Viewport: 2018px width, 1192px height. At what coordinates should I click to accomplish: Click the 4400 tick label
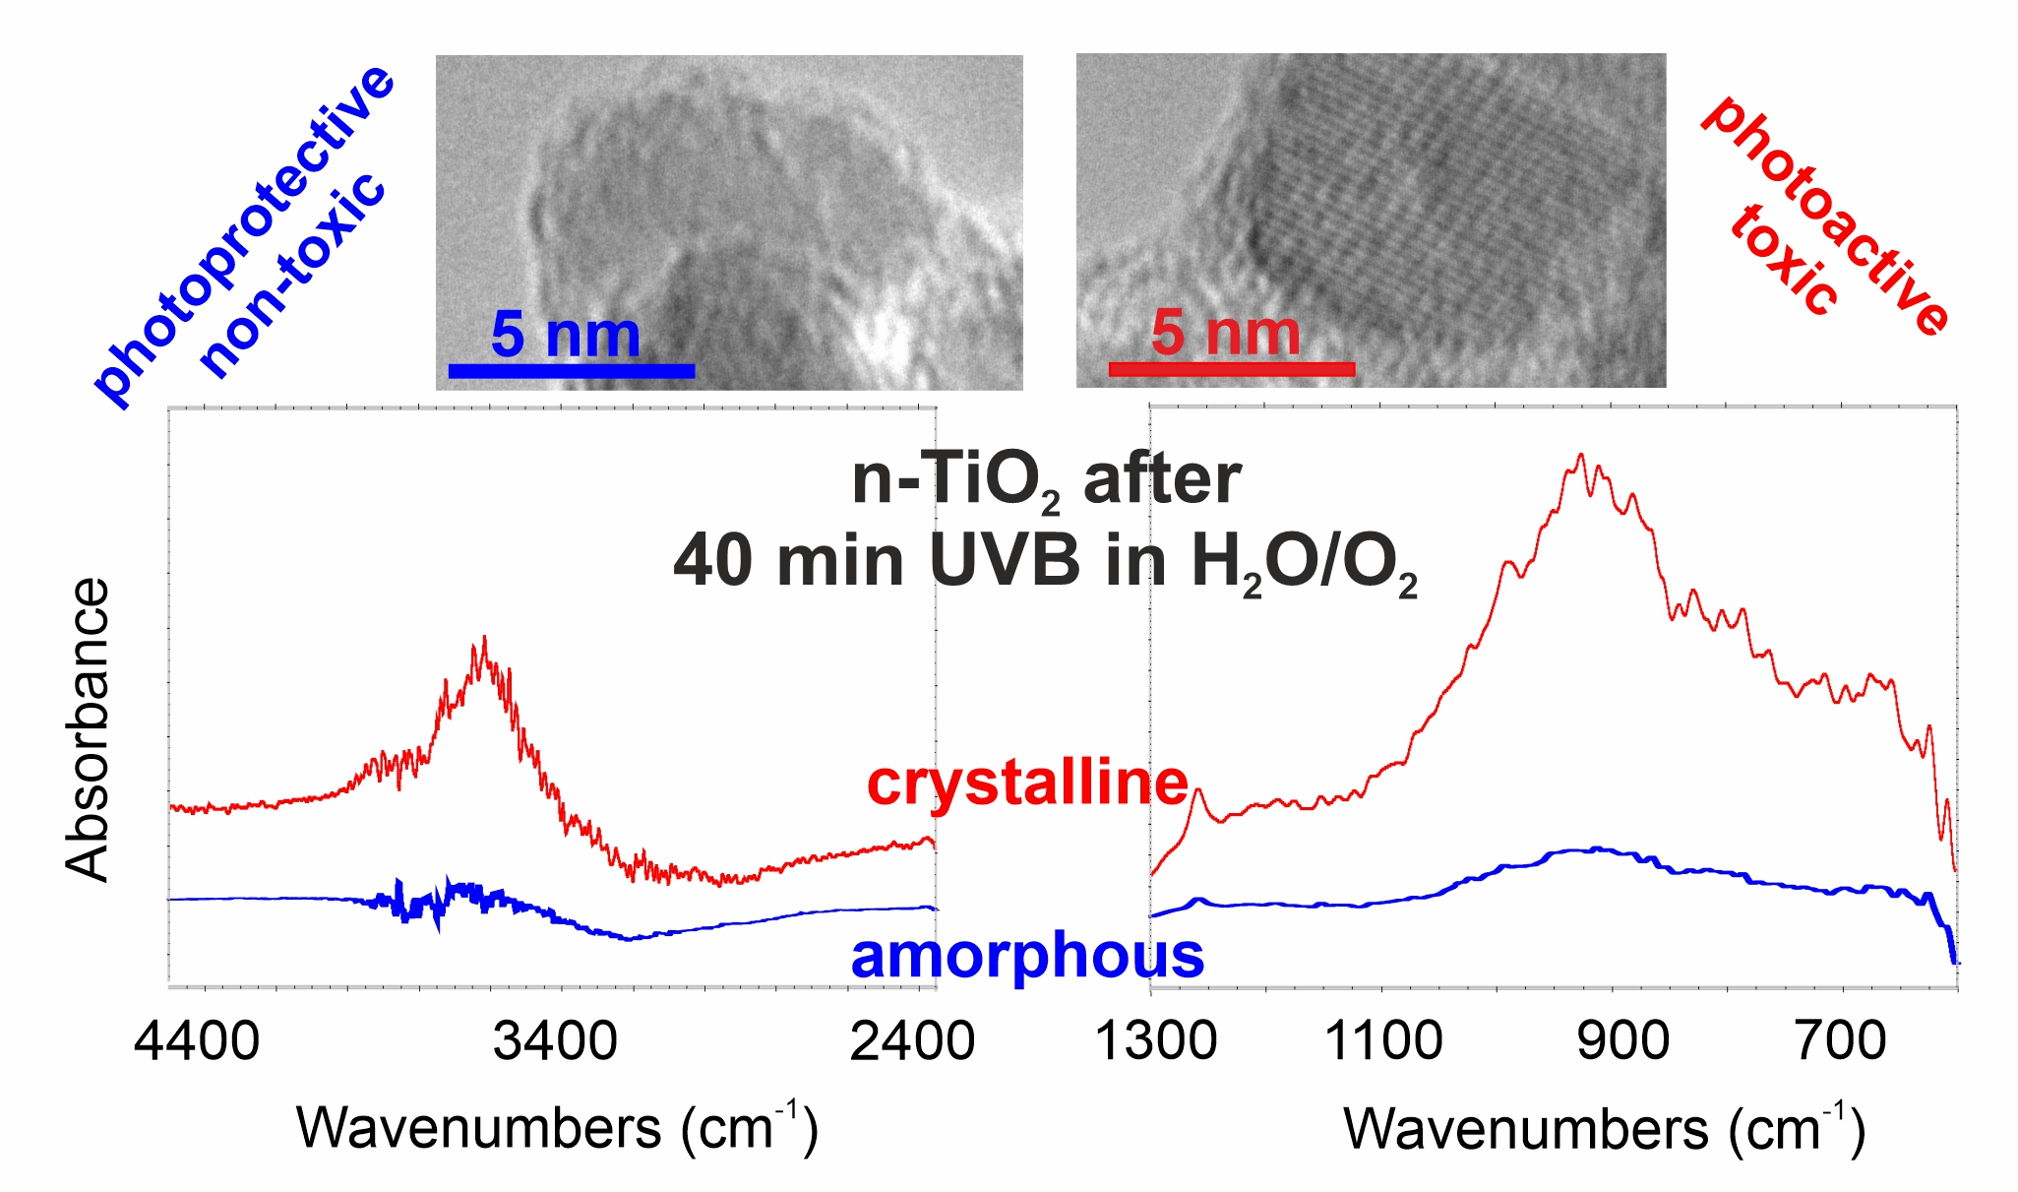click(198, 1040)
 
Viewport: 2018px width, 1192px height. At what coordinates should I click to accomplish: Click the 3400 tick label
click(556, 1040)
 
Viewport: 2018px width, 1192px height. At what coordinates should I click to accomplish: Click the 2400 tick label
click(913, 1040)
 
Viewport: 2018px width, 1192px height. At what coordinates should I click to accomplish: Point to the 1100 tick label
click(1384, 1040)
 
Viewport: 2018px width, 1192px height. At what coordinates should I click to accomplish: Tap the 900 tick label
click(1623, 1040)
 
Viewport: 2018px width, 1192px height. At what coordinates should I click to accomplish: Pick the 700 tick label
click(1841, 1040)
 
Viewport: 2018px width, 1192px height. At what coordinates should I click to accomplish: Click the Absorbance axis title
click(87, 729)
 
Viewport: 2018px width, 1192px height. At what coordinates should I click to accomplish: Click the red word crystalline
click(1027, 784)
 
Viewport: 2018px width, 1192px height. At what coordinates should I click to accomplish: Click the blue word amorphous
click(1027, 956)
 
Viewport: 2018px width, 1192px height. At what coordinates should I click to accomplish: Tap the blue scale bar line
click(572, 371)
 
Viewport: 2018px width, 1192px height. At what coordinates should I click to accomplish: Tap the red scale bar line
click(1231, 369)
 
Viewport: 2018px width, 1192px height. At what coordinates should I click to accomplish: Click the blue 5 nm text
click(565, 334)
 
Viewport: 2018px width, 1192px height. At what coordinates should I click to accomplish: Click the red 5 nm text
click(1225, 332)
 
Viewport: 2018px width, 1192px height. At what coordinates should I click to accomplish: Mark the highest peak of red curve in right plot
click(1580, 455)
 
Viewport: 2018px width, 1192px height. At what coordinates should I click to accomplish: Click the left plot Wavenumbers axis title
click(557, 1127)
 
